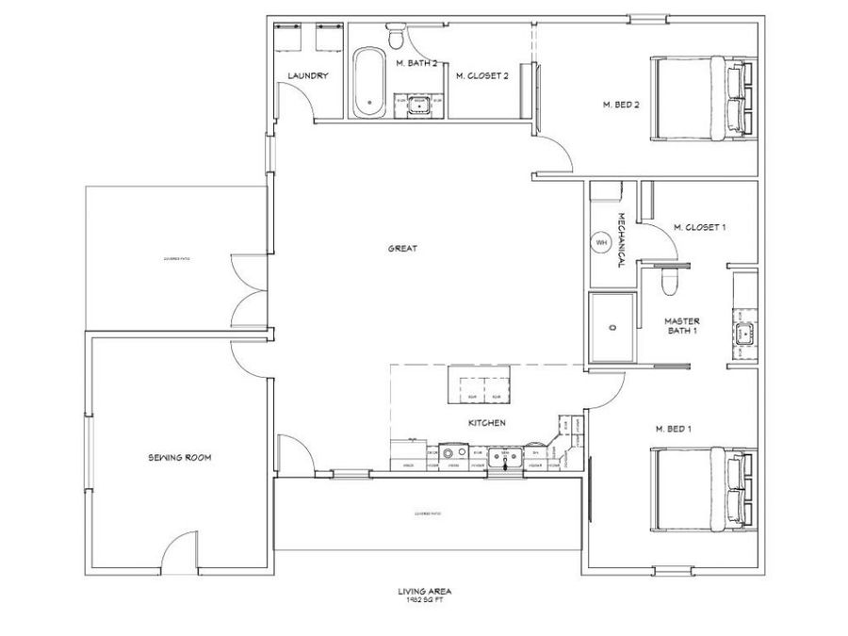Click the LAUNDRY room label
click(307, 76)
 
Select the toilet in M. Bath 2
click(396, 39)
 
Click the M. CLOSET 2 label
click(481, 76)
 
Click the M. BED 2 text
click(621, 105)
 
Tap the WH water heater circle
click(601, 243)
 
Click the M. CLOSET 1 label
click(699, 227)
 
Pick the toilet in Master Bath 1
click(669, 282)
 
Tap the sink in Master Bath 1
click(744, 332)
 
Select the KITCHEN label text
click(487, 423)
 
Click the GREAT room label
click(402, 249)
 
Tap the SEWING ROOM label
click(179, 458)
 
